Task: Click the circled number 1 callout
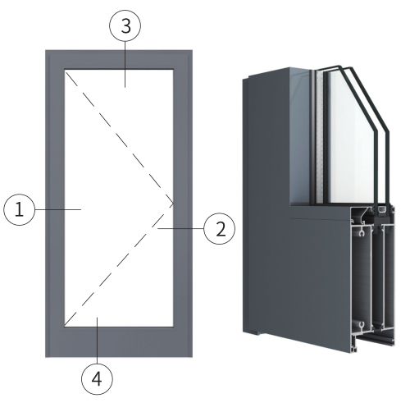19,209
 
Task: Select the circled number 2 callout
220,229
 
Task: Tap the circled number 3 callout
125,25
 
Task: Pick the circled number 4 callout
97,378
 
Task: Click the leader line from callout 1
58,209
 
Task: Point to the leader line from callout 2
180,228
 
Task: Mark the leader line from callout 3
125,64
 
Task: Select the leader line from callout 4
98,340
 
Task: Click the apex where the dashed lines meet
173,204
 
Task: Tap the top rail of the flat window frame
119,59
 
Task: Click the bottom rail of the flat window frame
119,341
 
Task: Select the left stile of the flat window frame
55,204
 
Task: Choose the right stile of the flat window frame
183,204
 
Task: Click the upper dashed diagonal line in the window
119,137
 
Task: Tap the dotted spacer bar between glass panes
319,137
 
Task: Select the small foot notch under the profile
253,333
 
